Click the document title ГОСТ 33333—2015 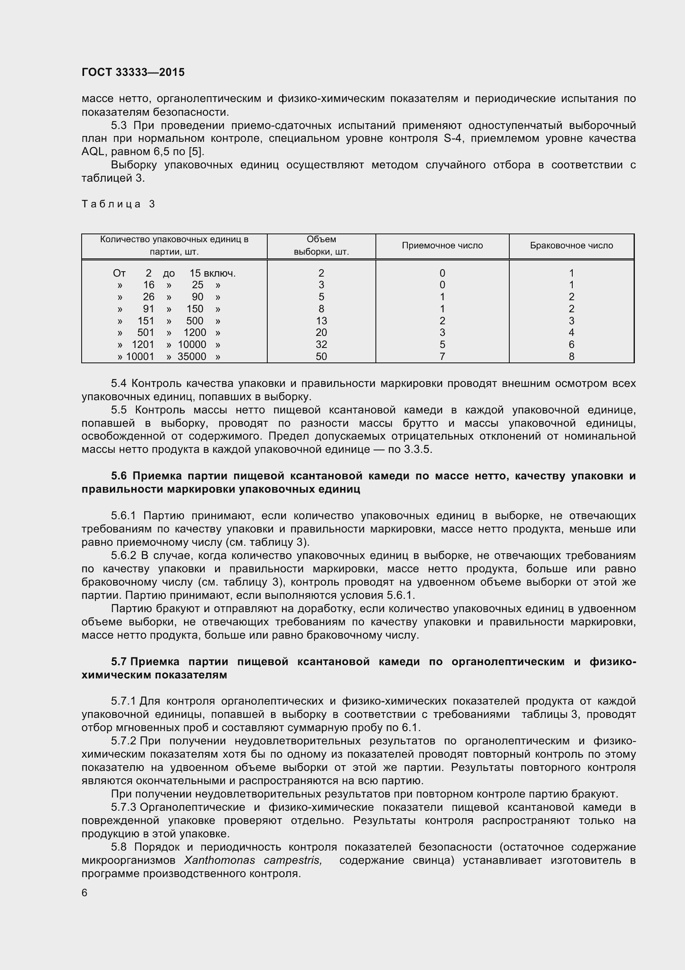133,72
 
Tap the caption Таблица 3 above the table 118,204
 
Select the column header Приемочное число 442,246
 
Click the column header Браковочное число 571,246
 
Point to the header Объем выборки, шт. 321,246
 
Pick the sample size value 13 321,321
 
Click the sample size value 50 321,357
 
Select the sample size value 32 321,345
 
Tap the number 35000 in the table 191,357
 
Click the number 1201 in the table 143,345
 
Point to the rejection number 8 571,357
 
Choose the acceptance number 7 442,357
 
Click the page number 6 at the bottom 85,893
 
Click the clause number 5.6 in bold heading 119,476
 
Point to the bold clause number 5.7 119,661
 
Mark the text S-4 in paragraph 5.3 453,139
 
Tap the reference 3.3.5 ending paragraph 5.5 417,449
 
